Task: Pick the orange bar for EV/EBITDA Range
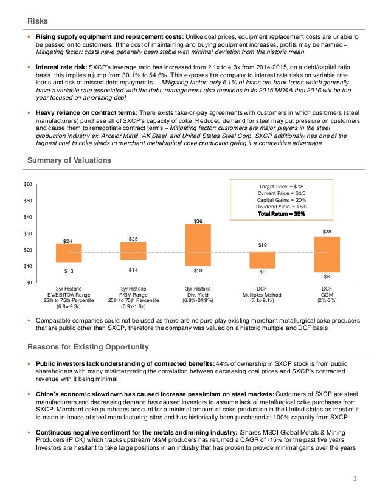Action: tap(69, 253)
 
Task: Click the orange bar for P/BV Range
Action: tap(134, 251)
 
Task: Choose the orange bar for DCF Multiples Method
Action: tap(263, 260)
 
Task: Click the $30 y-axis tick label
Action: tap(29, 233)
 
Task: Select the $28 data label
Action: tap(328, 232)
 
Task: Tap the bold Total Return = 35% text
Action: tap(280, 214)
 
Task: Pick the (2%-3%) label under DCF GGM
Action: tap(328, 300)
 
